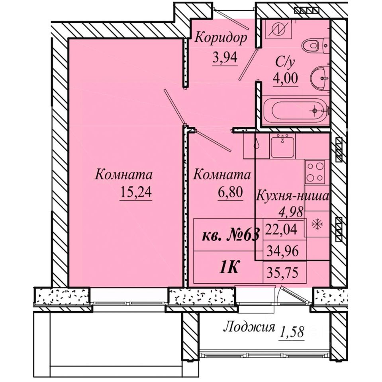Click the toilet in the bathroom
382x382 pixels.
[315, 45]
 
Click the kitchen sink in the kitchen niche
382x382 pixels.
[282, 146]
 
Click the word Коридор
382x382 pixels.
[221, 39]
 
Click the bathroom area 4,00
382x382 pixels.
[285, 78]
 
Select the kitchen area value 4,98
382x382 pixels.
[292, 211]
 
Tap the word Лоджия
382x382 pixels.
[249, 327]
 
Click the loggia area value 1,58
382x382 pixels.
[292, 331]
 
